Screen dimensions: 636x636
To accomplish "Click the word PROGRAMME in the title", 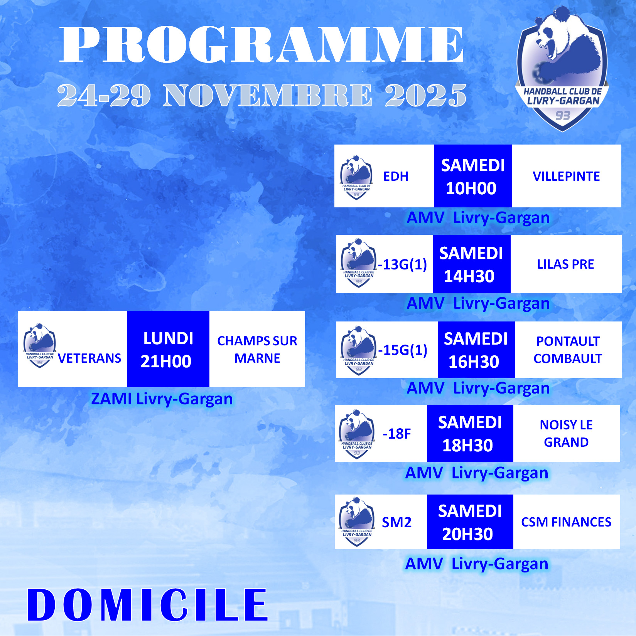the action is [261, 44].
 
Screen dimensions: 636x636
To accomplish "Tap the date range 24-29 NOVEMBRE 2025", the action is [262, 95].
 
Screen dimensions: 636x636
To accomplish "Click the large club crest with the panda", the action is [562, 69].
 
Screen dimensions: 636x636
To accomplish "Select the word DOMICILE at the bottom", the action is [147, 605].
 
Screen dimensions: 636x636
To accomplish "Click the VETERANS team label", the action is [89, 358].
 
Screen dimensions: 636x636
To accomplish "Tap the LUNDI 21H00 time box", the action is [168, 349].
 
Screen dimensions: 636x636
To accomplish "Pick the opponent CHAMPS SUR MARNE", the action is [257, 350].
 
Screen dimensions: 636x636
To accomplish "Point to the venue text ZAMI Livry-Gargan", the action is [162, 399].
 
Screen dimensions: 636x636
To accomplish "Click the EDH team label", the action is [396, 176].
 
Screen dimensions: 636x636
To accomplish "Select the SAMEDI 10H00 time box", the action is [473, 176].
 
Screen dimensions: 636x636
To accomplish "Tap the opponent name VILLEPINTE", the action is [566, 176].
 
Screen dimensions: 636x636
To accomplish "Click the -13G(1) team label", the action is [402, 264].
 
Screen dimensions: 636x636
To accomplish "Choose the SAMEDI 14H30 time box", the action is [472, 264].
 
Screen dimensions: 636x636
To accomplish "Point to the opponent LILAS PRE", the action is [566, 264].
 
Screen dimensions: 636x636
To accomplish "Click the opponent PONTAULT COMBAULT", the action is [568, 350].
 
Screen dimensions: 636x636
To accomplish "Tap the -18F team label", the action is [396, 434].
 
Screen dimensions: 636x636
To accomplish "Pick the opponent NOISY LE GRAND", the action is [566, 433].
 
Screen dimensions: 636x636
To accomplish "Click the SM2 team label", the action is [396, 522].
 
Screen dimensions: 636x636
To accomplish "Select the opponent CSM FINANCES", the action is [566, 522].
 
